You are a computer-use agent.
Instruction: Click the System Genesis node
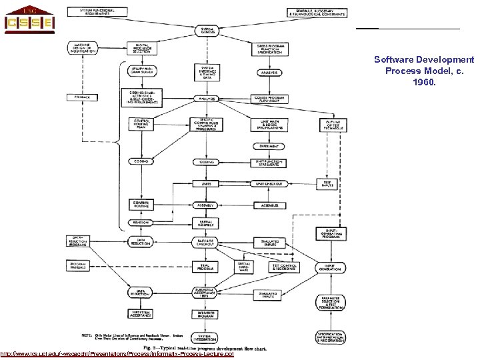(207, 31)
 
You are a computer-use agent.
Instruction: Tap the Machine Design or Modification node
(82, 49)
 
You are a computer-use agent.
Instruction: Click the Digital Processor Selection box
(142, 49)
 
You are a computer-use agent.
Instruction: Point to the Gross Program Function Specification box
(270, 49)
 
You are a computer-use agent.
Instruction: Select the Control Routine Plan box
(141, 124)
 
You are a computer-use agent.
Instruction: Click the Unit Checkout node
(270, 183)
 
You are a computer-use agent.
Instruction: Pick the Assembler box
(270, 205)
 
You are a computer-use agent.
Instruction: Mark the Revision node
(141, 222)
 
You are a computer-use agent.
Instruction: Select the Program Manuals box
(81, 265)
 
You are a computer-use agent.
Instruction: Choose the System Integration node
(207, 338)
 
